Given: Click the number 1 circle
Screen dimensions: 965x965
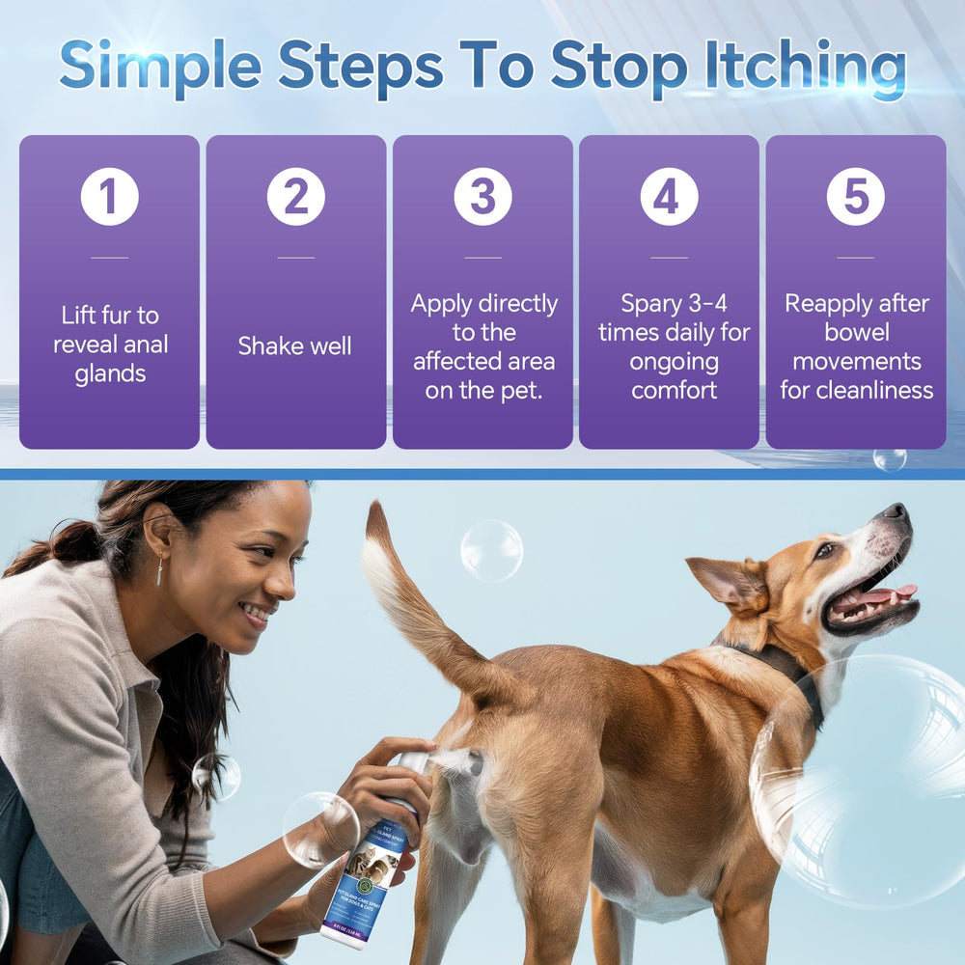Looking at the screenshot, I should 109,196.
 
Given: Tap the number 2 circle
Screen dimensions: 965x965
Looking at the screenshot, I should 296,196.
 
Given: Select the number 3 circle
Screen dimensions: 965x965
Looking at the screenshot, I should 482,196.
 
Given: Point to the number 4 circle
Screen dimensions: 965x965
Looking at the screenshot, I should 669,196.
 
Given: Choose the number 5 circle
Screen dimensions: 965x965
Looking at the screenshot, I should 856,196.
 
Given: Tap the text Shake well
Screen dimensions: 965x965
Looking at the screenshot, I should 295,346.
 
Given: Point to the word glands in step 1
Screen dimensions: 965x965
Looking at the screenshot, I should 110,374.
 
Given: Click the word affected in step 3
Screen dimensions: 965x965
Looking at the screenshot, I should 484,362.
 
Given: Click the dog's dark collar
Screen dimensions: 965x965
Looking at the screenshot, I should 782,665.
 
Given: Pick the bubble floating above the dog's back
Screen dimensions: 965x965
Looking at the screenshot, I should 491,550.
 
